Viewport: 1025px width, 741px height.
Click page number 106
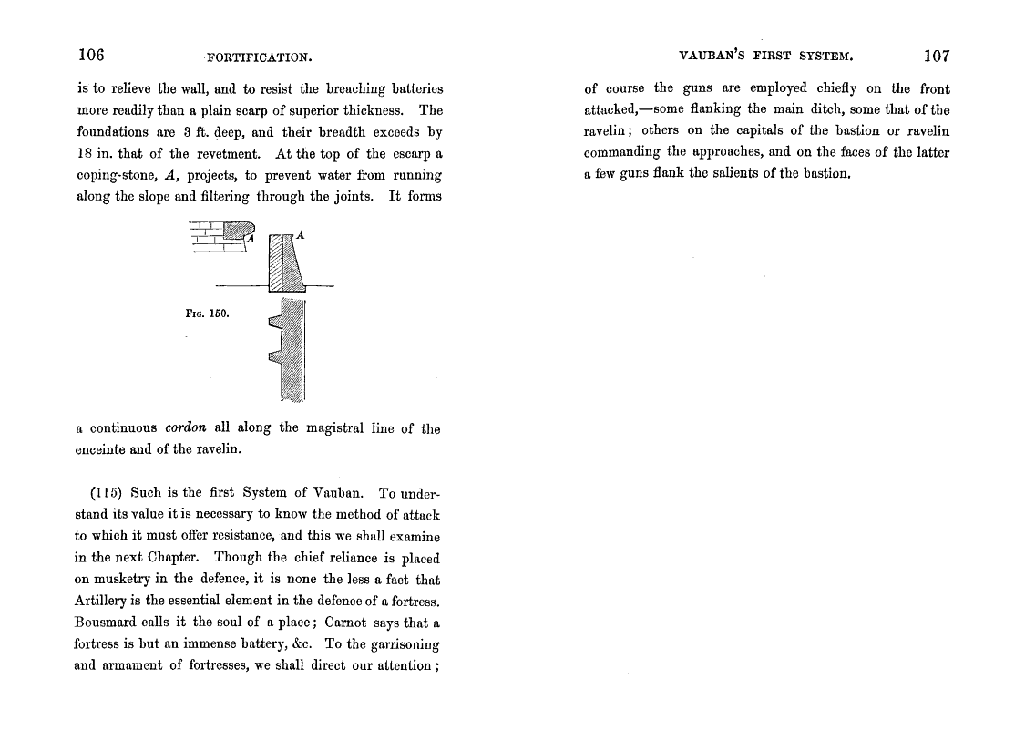coord(91,55)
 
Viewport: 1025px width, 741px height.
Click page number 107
coord(937,56)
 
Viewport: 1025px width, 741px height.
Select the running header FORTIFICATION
coord(260,57)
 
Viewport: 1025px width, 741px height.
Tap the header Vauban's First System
coord(766,57)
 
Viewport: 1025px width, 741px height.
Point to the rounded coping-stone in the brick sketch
coord(239,232)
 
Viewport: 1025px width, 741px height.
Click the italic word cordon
coord(188,427)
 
